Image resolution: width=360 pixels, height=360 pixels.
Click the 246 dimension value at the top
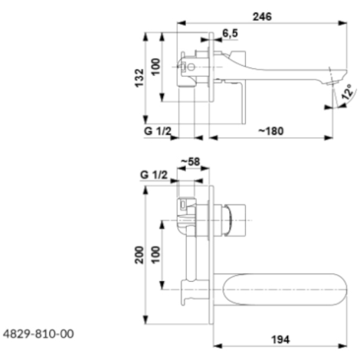point(262,17)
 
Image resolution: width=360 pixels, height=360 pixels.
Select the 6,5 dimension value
point(230,33)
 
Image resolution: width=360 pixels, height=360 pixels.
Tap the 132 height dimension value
point(139,78)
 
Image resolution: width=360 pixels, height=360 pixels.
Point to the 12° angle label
point(349,92)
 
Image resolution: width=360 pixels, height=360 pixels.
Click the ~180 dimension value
point(271,131)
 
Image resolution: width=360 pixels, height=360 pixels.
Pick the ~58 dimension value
point(191,162)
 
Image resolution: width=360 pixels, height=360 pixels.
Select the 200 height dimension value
point(139,255)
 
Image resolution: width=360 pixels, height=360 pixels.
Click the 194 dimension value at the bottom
point(280,339)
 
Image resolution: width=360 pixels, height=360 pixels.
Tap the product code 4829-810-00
point(38,334)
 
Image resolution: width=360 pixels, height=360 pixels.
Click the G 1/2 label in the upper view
point(157,131)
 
